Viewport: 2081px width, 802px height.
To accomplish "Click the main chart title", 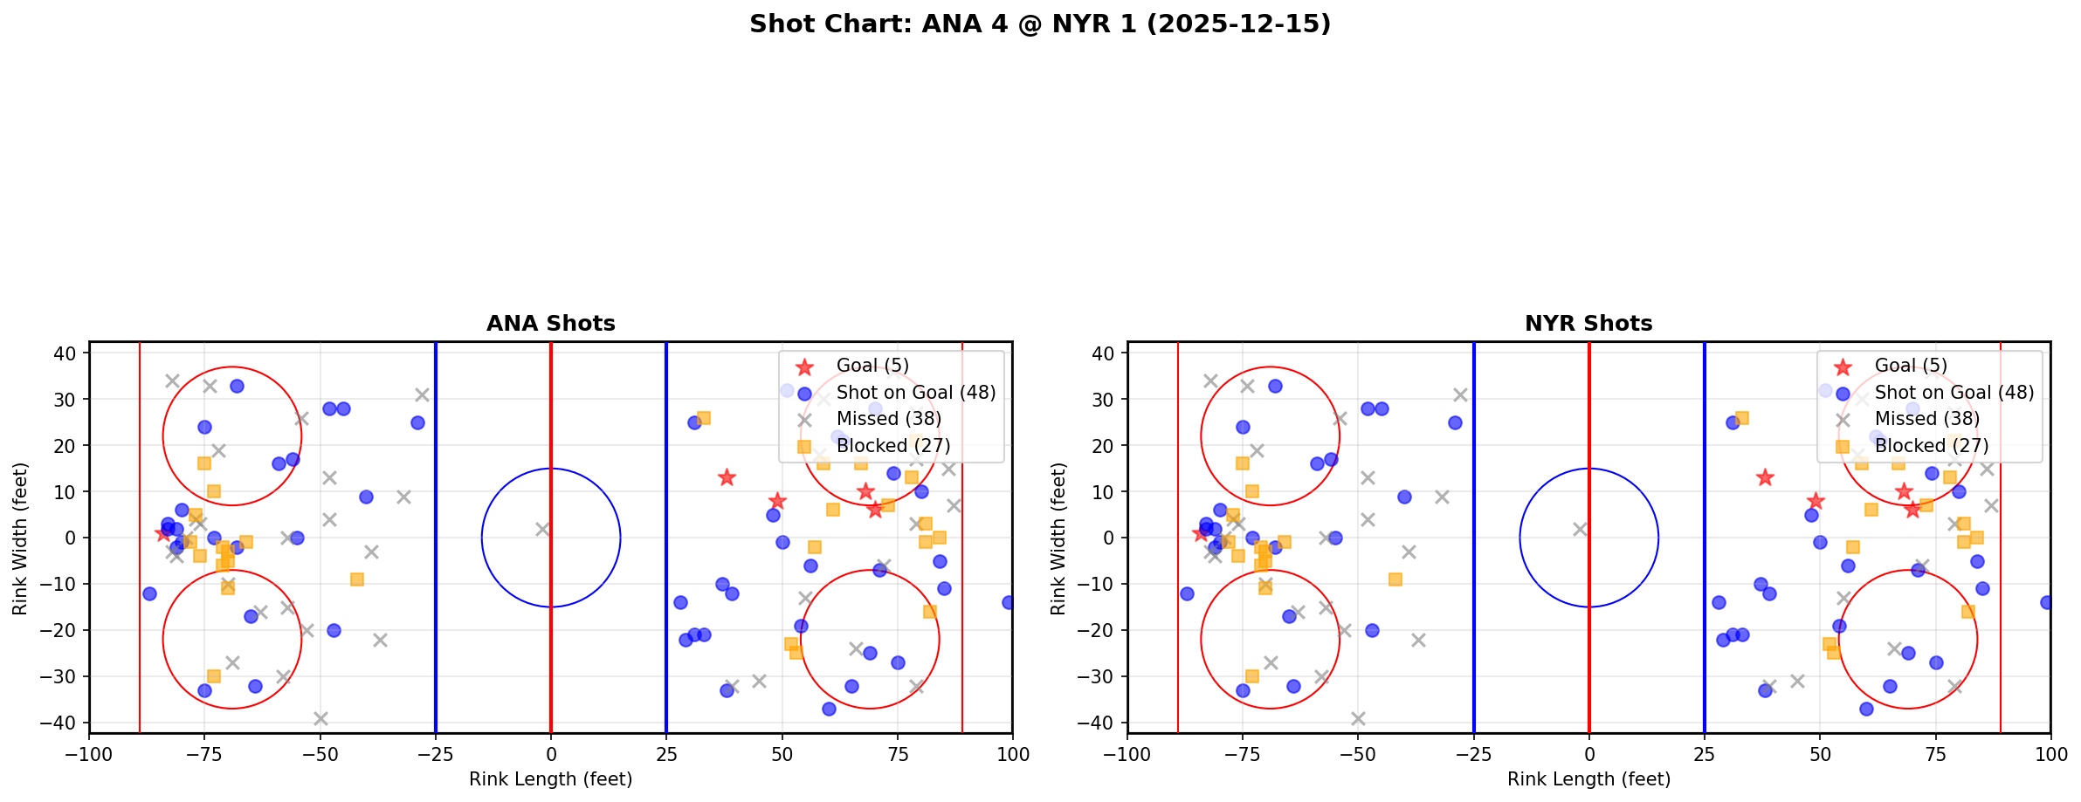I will point(1040,24).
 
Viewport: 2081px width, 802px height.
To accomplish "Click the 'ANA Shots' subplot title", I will point(550,324).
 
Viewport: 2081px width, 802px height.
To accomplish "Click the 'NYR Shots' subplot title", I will point(1588,324).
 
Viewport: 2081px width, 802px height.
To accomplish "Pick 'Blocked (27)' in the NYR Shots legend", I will point(1932,446).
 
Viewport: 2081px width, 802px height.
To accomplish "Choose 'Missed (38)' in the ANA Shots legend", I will point(888,419).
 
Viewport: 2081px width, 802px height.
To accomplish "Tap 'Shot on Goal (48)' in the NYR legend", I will point(1954,393).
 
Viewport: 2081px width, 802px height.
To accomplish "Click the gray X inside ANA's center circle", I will point(542,529).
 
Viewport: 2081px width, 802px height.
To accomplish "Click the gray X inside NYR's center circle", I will point(1580,529).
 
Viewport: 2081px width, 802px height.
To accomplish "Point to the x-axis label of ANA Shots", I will point(550,779).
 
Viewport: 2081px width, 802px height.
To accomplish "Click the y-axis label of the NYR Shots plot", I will point(1058,538).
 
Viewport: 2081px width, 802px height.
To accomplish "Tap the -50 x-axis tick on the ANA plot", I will point(320,753).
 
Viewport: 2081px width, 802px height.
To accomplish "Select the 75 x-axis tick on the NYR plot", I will point(1935,753).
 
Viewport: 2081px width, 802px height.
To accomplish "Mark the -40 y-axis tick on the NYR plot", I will point(1100,723).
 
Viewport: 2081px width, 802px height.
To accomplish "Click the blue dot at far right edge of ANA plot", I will point(1009,602).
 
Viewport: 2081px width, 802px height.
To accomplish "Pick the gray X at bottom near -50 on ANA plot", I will point(320,718).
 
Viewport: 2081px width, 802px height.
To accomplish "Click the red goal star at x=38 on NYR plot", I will point(1765,477).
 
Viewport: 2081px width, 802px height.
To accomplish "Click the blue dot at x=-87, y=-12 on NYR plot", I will point(1187,593).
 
